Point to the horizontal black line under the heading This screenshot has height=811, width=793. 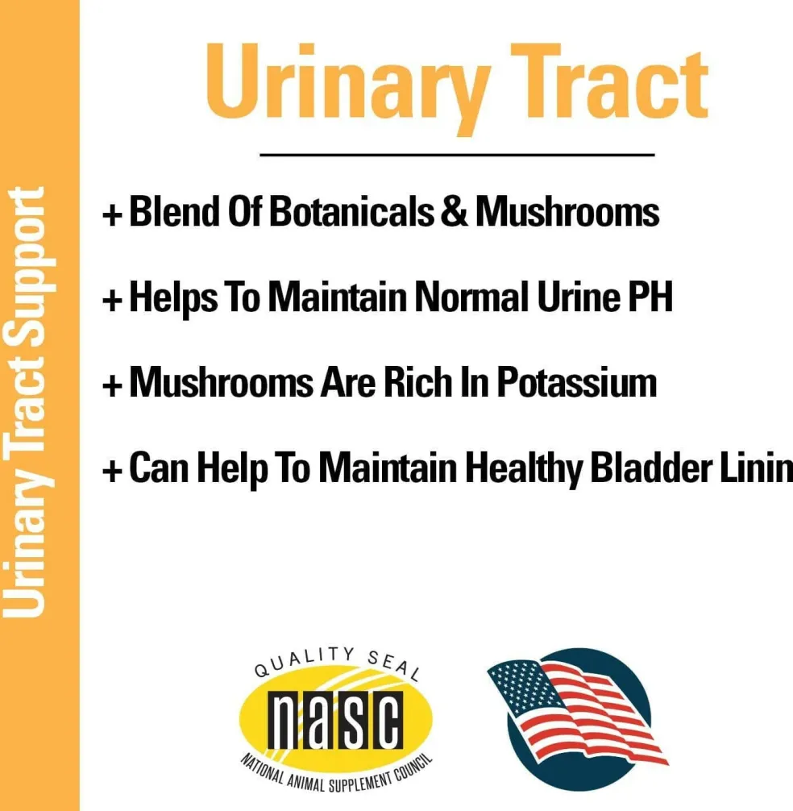(x=457, y=154)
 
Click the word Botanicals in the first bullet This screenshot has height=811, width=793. (x=351, y=211)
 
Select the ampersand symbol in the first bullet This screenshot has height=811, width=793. (x=454, y=211)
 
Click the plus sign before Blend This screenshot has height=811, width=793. (x=112, y=214)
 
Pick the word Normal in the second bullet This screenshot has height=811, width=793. (x=471, y=297)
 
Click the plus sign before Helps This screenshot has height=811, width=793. (x=112, y=300)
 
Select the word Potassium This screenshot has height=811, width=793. (x=576, y=382)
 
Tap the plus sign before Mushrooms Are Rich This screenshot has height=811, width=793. (x=112, y=385)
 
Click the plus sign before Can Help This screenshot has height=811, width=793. (x=112, y=471)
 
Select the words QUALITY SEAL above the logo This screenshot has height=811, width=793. (x=337, y=662)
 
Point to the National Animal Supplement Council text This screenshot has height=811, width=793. (x=336, y=773)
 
